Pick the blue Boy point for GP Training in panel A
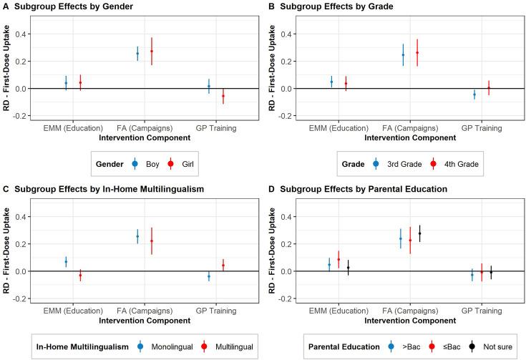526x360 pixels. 209,86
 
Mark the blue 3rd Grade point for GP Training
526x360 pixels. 474,94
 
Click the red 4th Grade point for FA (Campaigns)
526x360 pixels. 417,52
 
